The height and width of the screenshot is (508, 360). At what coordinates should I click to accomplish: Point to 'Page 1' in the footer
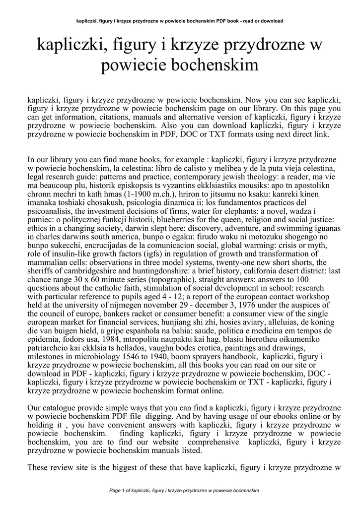118,491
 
